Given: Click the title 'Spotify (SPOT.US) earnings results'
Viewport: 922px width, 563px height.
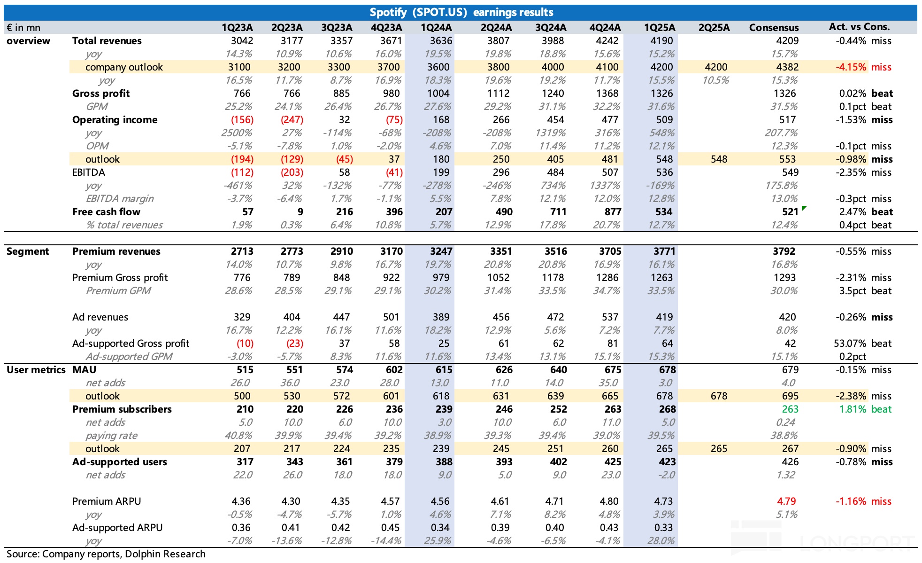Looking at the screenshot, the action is click(x=461, y=12).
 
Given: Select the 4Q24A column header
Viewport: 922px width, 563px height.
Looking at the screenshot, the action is click(x=605, y=28).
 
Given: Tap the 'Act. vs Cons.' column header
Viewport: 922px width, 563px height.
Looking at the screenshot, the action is click(x=859, y=27).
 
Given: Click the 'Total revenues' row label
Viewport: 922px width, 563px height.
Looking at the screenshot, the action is click(x=107, y=41).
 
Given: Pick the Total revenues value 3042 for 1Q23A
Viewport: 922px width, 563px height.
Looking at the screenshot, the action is click(x=242, y=41).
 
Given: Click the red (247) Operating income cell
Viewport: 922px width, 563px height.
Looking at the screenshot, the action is click(x=292, y=120).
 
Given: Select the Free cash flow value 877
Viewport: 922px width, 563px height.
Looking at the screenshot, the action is click(x=613, y=212).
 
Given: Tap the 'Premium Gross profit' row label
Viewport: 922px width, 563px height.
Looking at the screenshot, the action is click(x=120, y=278).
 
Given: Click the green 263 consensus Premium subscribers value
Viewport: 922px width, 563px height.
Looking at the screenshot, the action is click(x=790, y=409).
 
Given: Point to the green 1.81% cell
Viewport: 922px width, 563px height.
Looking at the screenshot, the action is click(x=853, y=409).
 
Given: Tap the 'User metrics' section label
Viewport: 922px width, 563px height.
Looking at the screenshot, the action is click(x=36, y=370).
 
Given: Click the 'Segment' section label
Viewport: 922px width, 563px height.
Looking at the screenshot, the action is click(x=28, y=251).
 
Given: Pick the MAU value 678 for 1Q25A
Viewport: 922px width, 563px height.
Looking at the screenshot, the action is click(x=667, y=370).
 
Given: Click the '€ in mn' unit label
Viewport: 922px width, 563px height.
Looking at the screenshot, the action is click(x=23, y=28).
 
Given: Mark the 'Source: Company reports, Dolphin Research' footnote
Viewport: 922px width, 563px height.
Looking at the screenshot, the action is click(x=106, y=554).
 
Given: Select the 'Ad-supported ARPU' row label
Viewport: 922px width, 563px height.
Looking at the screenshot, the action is click(x=117, y=528).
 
